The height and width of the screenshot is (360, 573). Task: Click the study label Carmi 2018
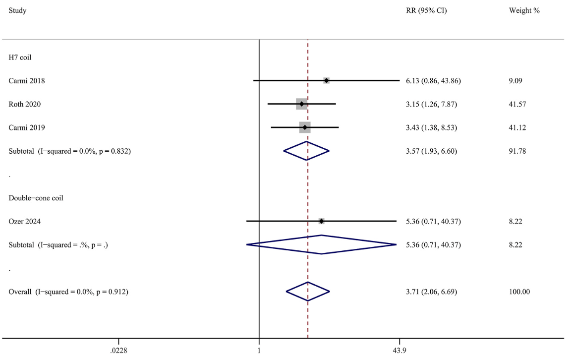pos(27,81)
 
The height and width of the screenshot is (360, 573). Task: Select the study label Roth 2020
pos(25,104)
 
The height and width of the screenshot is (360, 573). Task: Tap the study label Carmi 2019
pos(27,128)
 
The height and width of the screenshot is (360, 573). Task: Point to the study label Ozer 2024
pos(25,222)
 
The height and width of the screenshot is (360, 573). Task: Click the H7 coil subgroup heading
pos(20,58)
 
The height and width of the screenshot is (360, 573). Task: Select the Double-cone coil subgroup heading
pos(36,198)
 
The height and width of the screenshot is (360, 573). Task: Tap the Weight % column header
pos(524,10)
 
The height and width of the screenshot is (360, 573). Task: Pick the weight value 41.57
pos(517,104)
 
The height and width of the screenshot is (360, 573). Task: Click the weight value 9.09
pos(516,81)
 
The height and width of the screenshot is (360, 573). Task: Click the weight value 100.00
pos(519,292)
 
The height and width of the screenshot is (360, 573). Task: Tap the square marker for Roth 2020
pos(301,104)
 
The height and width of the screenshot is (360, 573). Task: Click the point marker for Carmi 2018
pos(326,80)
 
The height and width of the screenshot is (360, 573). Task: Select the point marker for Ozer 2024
pos(321,221)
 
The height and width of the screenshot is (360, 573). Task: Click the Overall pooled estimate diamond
pos(308,292)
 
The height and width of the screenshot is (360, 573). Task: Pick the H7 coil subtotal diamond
pos(306,151)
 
